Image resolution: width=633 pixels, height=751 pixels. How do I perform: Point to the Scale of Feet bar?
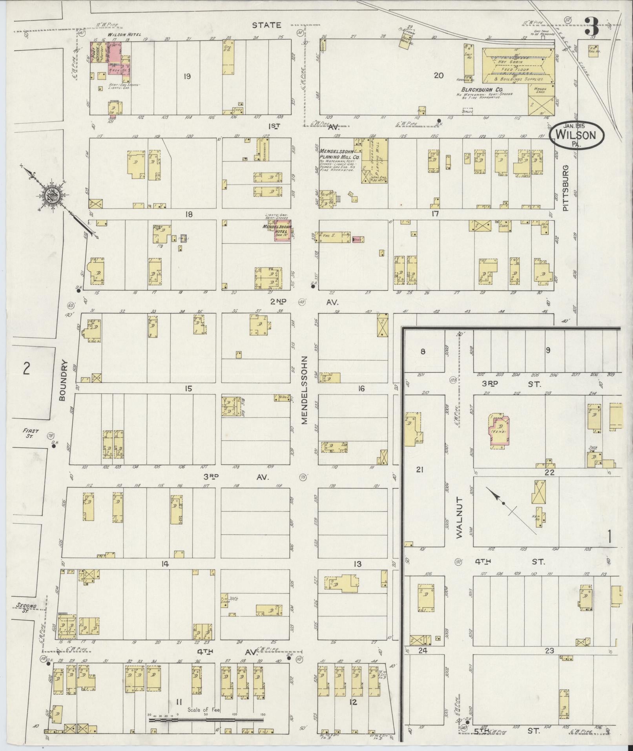[206, 720]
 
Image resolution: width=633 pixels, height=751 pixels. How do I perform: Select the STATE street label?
[266, 25]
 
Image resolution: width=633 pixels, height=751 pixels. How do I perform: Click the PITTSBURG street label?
[566, 188]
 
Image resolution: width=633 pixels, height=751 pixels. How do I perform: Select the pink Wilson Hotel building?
[114, 58]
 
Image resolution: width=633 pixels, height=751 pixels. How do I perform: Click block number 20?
[438, 76]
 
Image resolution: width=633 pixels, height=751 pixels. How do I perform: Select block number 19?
[187, 76]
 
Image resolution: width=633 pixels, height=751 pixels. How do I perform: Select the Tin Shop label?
[225, 598]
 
